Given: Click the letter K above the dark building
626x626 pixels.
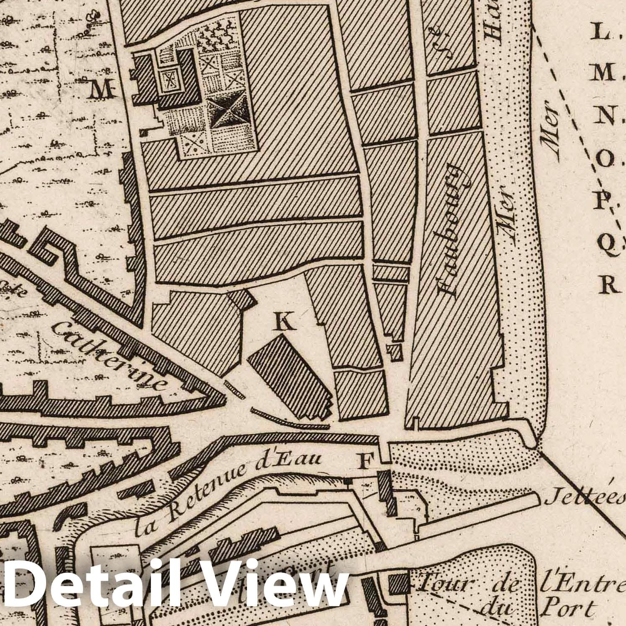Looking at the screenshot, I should (x=286, y=322).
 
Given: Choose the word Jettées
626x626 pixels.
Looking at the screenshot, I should (x=584, y=499).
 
